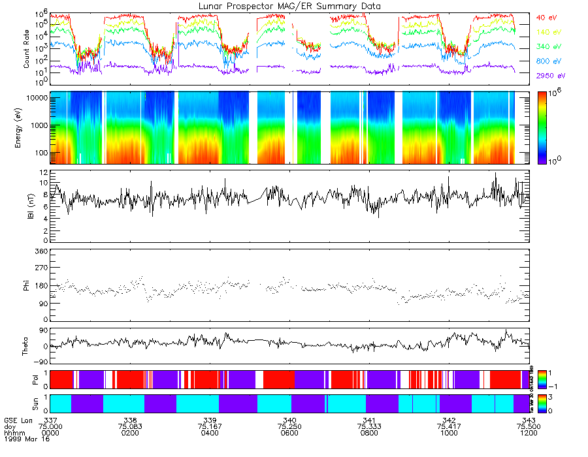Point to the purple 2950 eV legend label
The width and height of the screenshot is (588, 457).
click(x=548, y=76)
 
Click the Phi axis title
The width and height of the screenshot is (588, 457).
click(x=27, y=285)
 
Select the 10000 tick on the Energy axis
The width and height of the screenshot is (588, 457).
click(x=35, y=97)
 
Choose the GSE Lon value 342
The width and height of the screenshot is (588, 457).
click(x=449, y=419)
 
